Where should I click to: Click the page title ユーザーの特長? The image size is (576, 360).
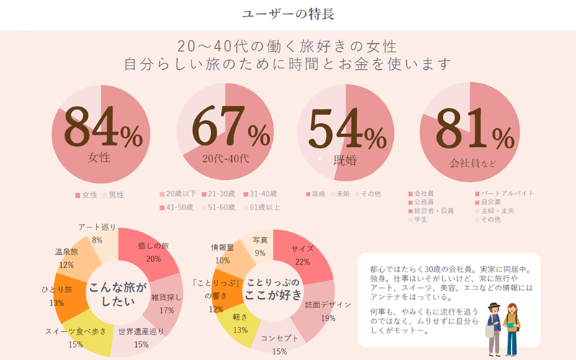(x=287, y=14)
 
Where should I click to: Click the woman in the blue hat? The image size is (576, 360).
(x=494, y=324)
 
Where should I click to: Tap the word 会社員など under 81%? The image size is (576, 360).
(x=473, y=162)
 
